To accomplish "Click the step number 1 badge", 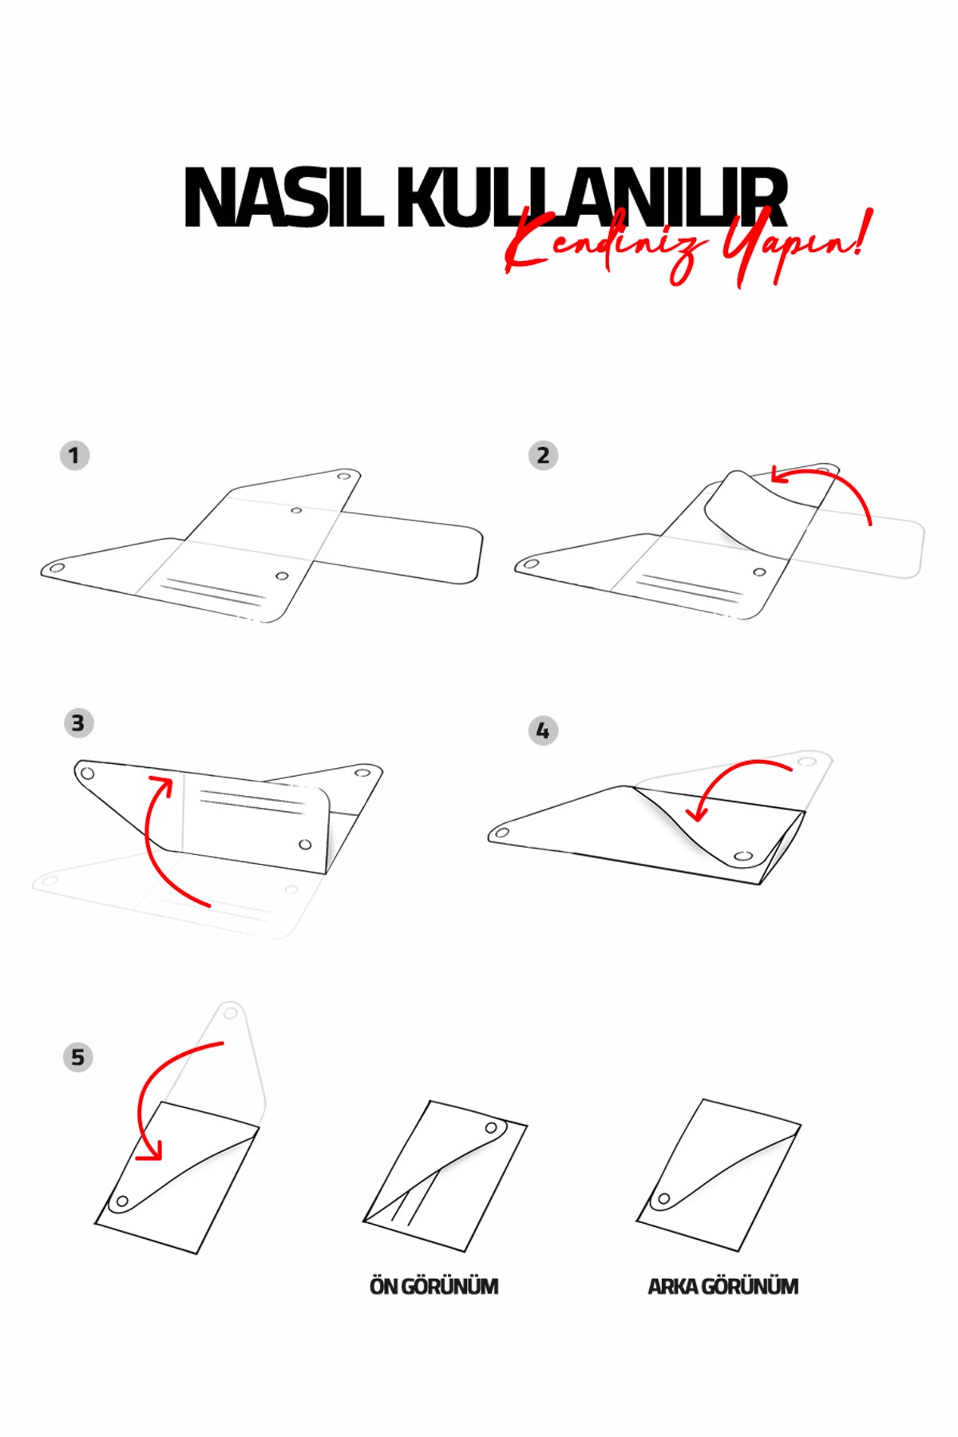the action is tap(74, 456).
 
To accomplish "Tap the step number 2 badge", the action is tap(543, 456).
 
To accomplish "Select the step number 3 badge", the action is tap(78, 723).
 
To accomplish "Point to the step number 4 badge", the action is tap(543, 730).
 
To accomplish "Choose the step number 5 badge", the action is tap(78, 1058).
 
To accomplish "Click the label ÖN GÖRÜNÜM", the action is tap(434, 1286).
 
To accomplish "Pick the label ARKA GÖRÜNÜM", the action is tap(723, 1286).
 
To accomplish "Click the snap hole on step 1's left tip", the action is tap(57, 568).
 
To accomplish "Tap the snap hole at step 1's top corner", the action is tap(344, 477).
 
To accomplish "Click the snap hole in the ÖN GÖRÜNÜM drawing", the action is tap(492, 1129).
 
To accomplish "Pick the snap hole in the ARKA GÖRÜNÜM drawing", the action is tap(663, 1199).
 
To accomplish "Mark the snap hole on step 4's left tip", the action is tap(503, 833).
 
